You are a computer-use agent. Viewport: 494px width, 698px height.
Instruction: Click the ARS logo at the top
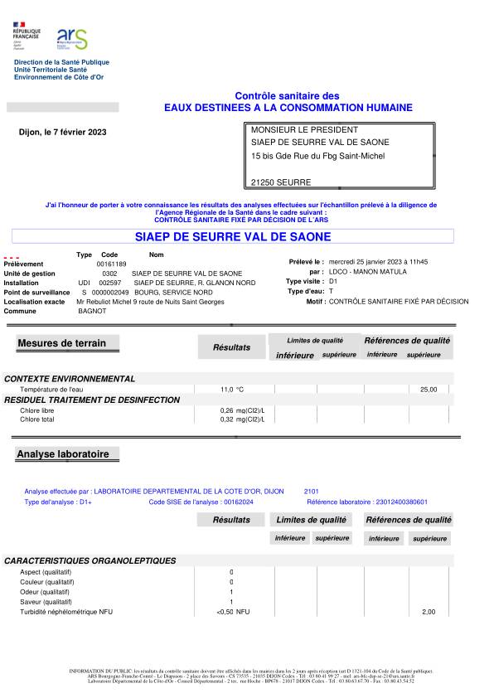[x=71, y=39]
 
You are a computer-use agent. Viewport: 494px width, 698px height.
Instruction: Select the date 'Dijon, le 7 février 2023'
[x=62, y=132]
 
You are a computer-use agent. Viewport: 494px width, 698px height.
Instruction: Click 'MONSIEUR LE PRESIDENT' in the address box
[x=304, y=130]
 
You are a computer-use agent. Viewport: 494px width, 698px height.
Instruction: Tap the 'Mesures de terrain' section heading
[x=56, y=343]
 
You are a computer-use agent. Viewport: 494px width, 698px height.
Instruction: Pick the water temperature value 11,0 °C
[x=232, y=389]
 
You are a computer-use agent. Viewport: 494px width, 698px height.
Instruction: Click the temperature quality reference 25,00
[x=429, y=389]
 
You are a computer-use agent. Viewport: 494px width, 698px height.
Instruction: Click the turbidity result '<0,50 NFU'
[x=232, y=612]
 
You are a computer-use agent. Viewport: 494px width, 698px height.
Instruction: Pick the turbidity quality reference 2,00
[x=429, y=612]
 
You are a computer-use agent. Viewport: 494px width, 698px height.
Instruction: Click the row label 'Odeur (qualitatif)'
[x=45, y=592]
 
